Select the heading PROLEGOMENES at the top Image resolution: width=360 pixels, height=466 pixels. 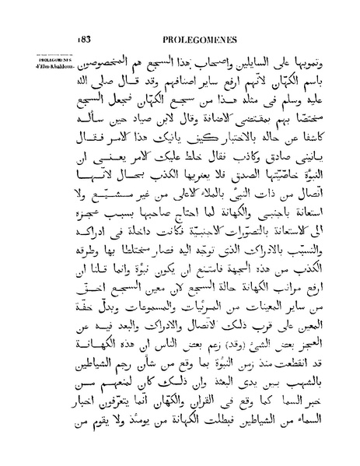[197, 16]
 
